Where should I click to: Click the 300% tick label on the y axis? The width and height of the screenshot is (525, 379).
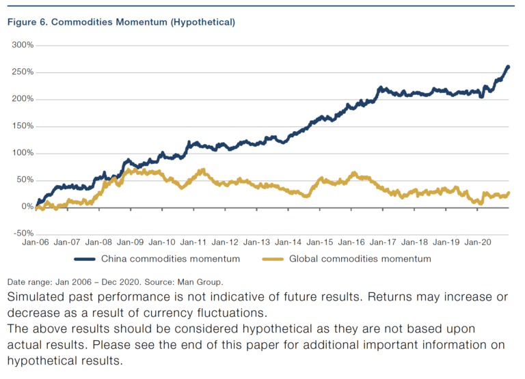tap(23, 45)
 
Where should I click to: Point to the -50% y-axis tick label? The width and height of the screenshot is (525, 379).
tap(23, 233)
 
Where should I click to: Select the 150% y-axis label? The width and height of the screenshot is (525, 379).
tap(23, 126)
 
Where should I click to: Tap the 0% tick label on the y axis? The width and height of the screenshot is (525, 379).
tap(27, 206)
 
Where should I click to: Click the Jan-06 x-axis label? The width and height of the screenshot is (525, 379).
tap(36, 242)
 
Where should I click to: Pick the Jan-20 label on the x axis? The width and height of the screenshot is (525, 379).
tap(480, 242)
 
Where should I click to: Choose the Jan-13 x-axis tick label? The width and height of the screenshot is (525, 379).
tap(258, 242)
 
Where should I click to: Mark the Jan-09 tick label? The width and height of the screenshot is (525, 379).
tap(131, 242)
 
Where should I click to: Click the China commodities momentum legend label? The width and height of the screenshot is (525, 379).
tap(170, 259)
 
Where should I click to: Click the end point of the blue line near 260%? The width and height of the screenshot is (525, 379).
tap(508, 67)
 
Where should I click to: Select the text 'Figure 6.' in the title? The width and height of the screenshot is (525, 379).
tap(26, 22)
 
